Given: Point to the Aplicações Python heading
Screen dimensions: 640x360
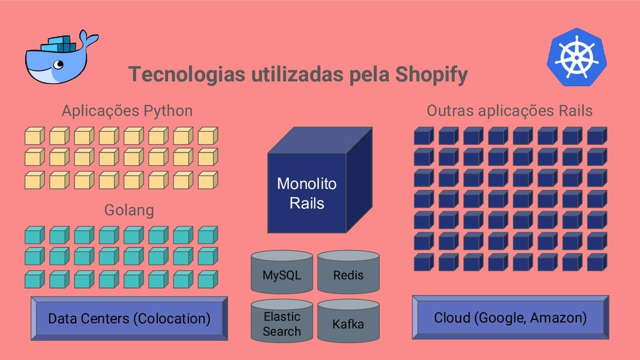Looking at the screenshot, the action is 127,111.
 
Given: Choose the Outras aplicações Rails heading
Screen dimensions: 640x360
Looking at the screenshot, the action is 509,111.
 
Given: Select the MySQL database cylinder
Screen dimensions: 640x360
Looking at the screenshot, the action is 282,273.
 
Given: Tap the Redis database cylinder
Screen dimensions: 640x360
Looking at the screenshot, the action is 348,273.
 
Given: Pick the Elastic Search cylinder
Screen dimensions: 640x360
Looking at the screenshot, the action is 282,322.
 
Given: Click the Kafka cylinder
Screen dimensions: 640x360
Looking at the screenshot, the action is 348,322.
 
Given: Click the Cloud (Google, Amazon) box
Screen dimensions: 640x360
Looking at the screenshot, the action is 510,317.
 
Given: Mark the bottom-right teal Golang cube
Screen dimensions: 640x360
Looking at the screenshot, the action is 207,279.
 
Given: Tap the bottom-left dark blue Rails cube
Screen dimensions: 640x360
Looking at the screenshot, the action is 423,262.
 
